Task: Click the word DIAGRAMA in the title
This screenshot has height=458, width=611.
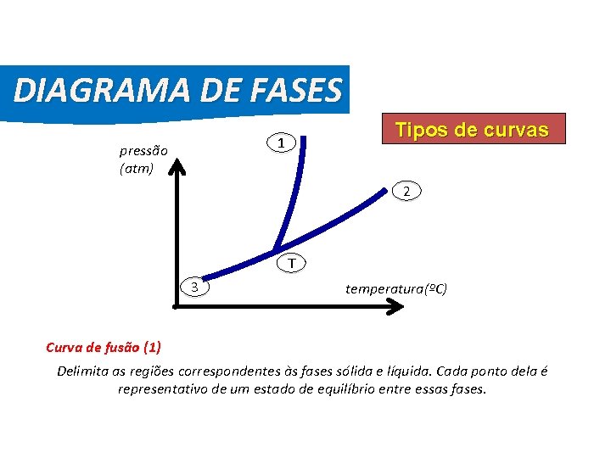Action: point(92,89)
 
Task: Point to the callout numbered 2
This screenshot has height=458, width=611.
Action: point(407,192)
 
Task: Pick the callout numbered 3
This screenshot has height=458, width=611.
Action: point(196,287)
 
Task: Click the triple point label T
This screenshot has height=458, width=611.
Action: point(291,264)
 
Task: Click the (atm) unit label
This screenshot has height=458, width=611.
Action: point(136,168)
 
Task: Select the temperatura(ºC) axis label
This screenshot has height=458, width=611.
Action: point(396,288)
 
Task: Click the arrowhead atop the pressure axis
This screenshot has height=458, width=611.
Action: point(178,166)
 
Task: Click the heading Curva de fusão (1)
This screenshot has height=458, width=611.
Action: point(103,347)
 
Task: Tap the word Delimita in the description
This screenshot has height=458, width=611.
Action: point(83,371)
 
